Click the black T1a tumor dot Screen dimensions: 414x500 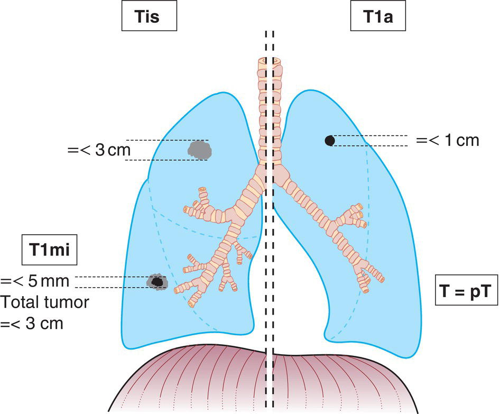(x=329, y=140)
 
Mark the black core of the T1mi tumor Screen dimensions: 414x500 (x=156, y=282)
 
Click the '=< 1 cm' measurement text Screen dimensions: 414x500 (x=448, y=141)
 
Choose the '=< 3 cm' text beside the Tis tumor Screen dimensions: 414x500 (x=99, y=150)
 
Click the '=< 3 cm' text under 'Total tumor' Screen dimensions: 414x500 (x=33, y=323)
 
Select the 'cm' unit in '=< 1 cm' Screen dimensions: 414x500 (x=468, y=141)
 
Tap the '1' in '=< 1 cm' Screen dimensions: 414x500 (x=448, y=141)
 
